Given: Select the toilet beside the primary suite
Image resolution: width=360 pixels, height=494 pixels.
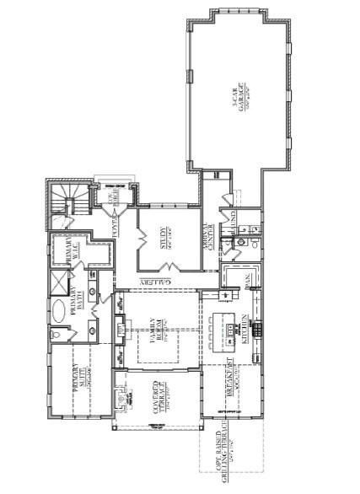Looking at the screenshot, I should click(x=55, y=336).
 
